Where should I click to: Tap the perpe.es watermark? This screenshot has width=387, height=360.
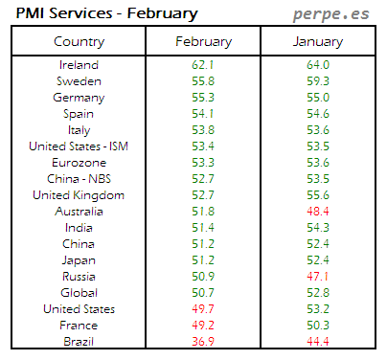coord(331,14)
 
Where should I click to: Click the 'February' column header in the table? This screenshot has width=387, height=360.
coord(203,42)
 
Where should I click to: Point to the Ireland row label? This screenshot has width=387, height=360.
coord(80,64)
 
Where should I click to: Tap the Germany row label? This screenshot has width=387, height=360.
coord(80,97)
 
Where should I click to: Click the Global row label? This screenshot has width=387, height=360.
coord(80,292)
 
